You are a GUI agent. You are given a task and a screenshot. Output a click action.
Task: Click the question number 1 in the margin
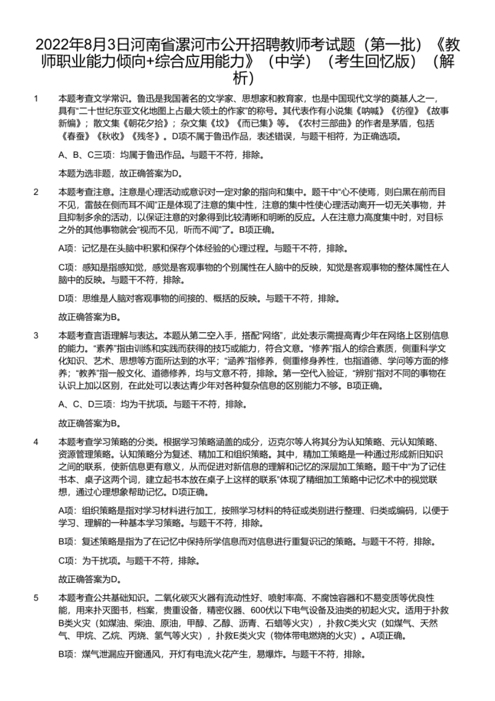36,98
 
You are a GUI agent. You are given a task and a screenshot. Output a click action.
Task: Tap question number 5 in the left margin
36,597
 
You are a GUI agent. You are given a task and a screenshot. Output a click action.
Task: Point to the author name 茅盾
400,124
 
